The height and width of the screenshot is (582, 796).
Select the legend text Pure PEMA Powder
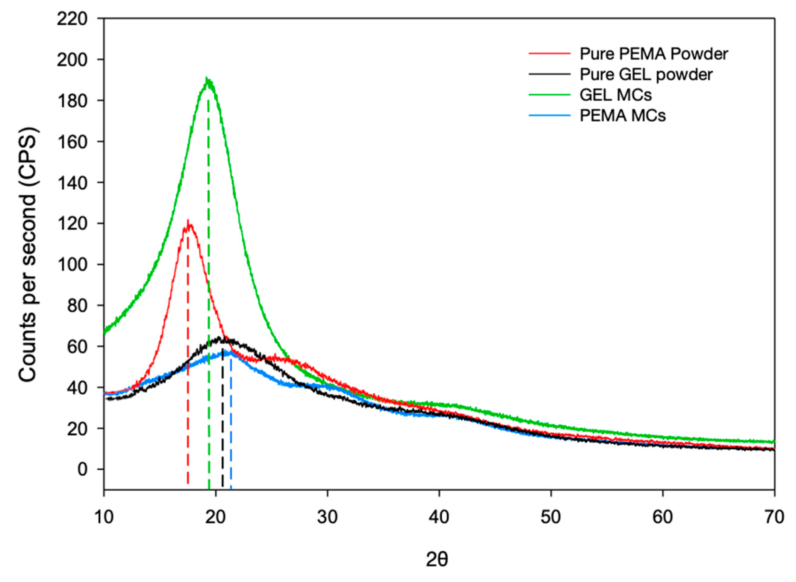click(654, 54)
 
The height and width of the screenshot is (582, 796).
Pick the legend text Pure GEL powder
click(646, 74)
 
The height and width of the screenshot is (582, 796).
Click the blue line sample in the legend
click(549, 115)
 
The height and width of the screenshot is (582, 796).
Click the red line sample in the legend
click(549, 54)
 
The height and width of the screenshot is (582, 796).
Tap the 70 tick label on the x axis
click(774, 517)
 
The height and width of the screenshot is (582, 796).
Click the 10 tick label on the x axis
click(104, 517)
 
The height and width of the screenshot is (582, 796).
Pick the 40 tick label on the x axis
click(439, 517)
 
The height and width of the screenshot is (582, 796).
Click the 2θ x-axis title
click(437, 560)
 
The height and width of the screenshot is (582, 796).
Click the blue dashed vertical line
click(231, 440)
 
